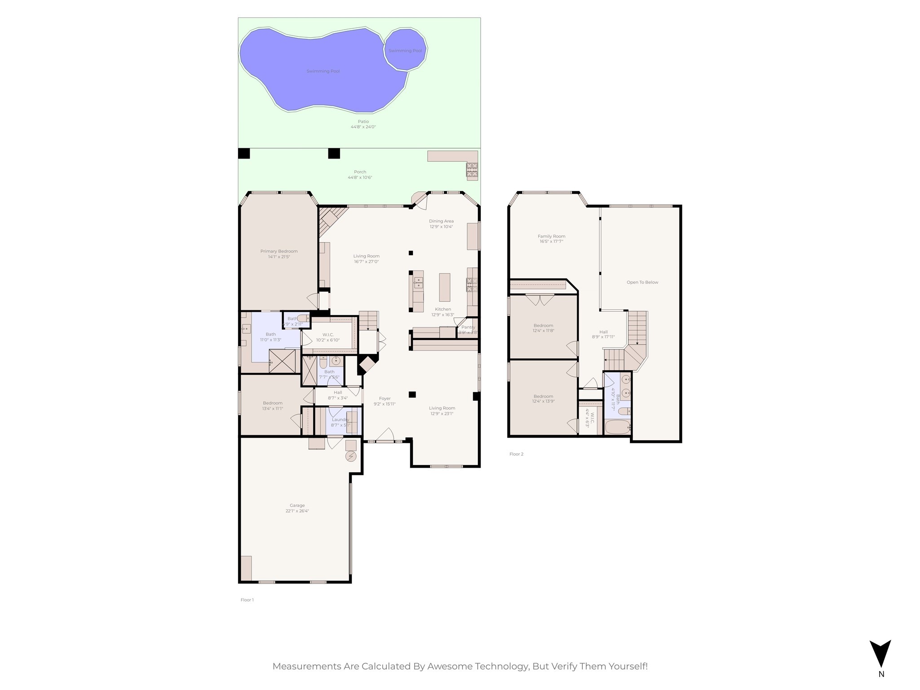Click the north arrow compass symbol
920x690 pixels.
pyautogui.click(x=880, y=654)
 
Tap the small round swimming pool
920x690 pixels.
pyautogui.click(x=405, y=49)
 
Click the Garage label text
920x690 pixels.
pyautogui.click(x=297, y=505)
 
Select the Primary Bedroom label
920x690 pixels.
pyautogui.click(x=279, y=251)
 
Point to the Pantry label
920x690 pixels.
pyautogui.click(x=468, y=327)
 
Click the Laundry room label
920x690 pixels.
pyautogui.click(x=340, y=420)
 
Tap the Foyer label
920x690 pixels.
pyautogui.click(x=385, y=398)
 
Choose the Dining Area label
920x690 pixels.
pyautogui.click(x=441, y=221)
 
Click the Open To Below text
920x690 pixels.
pyautogui.click(x=642, y=283)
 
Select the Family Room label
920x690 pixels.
pyautogui.click(x=551, y=236)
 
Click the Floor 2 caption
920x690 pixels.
pyautogui.click(x=516, y=454)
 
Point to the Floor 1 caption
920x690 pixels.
pyautogui.click(x=247, y=600)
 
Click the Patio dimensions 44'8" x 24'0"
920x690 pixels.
pyautogui.click(x=363, y=127)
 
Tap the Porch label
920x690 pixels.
pyautogui.click(x=360, y=172)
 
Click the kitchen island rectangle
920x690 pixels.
pyautogui.click(x=444, y=287)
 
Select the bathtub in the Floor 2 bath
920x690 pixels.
pyautogui.click(x=617, y=427)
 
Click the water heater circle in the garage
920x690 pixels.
pyautogui.click(x=350, y=457)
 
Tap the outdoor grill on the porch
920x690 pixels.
pyautogui.click(x=472, y=169)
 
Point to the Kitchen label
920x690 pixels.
pyautogui.click(x=442, y=309)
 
